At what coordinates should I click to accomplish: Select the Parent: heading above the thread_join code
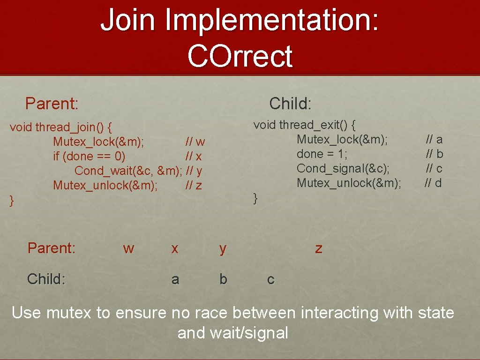pos(52,103)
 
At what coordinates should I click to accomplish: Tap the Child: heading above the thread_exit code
pos(290,103)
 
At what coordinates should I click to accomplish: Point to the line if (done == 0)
pos(89,156)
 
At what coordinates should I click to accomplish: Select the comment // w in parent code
pos(195,142)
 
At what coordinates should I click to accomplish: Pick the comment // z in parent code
pos(194,185)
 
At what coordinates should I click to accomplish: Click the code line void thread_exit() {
pos(305,125)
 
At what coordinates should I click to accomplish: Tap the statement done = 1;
pos(322,154)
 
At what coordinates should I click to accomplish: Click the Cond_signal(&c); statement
pos(343,168)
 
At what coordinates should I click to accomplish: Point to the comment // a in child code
pos(434,139)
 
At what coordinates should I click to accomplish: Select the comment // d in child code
pos(434,183)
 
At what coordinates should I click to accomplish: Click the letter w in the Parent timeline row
pos(128,248)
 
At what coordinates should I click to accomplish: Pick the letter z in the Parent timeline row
pos(319,248)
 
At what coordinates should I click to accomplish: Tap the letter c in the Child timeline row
pos(270,279)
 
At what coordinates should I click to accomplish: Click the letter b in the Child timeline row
pos(223,279)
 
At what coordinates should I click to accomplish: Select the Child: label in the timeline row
pos(46,279)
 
